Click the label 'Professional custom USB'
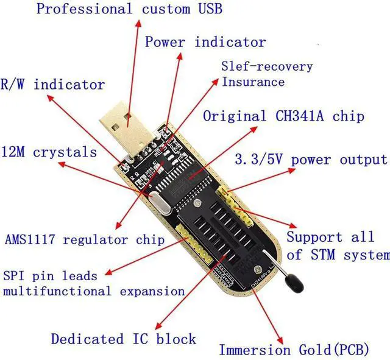pyautogui.click(x=129, y=9)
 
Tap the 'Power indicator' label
pyautogui.click(x=205, y=42)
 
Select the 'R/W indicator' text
pyautogui.click(x=53, y=85)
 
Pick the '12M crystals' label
pyautogui.click(x=49, y=151)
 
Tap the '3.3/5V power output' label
pyautogui.click(x=311, y=160)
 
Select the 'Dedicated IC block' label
pyautogui.click(x=123, y=339)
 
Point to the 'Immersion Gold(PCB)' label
pyautogui.click(x=294, y=350)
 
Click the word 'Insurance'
pyautogui.click(x=253, y=82)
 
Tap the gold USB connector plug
pyautogui.click(x=128, y=125)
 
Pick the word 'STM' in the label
pyautogui.click(x=324, y=254)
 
